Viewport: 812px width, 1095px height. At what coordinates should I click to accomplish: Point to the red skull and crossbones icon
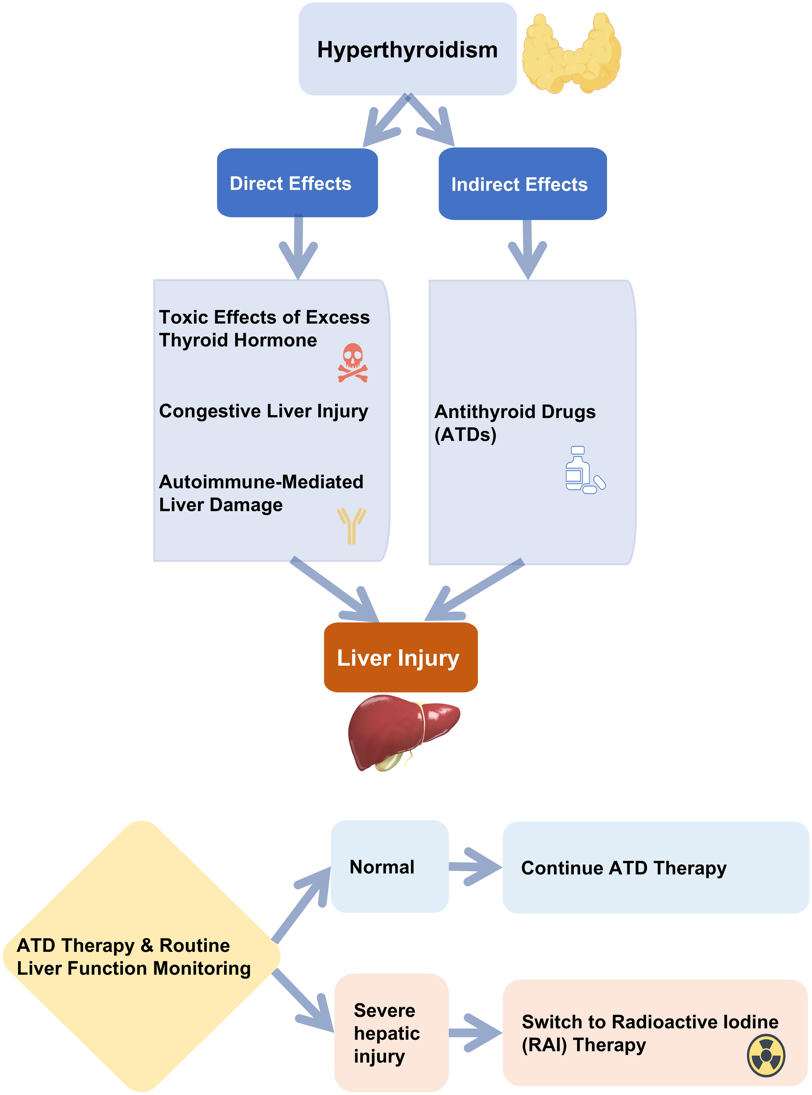pos(352,363)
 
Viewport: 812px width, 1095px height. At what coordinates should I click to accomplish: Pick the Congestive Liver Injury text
pos(264,411)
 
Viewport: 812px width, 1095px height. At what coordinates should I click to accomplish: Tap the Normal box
pos(389,866)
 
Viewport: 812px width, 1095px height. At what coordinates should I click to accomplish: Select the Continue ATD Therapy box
pos(655,868)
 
